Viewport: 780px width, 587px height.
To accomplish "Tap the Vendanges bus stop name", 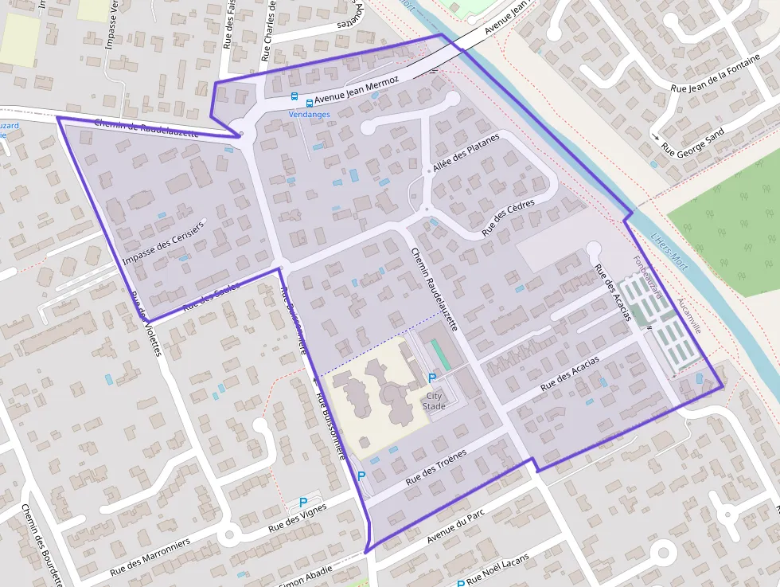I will click(x=309, y=115).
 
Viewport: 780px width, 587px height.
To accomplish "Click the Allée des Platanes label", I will click(x=466, y=153).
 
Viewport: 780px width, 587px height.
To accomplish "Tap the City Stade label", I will click(x=435, y=401).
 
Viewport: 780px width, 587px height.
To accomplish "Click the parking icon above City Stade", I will click(x=432, y=378).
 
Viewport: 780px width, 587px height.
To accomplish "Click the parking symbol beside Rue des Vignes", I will click(x=302, y=503).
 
